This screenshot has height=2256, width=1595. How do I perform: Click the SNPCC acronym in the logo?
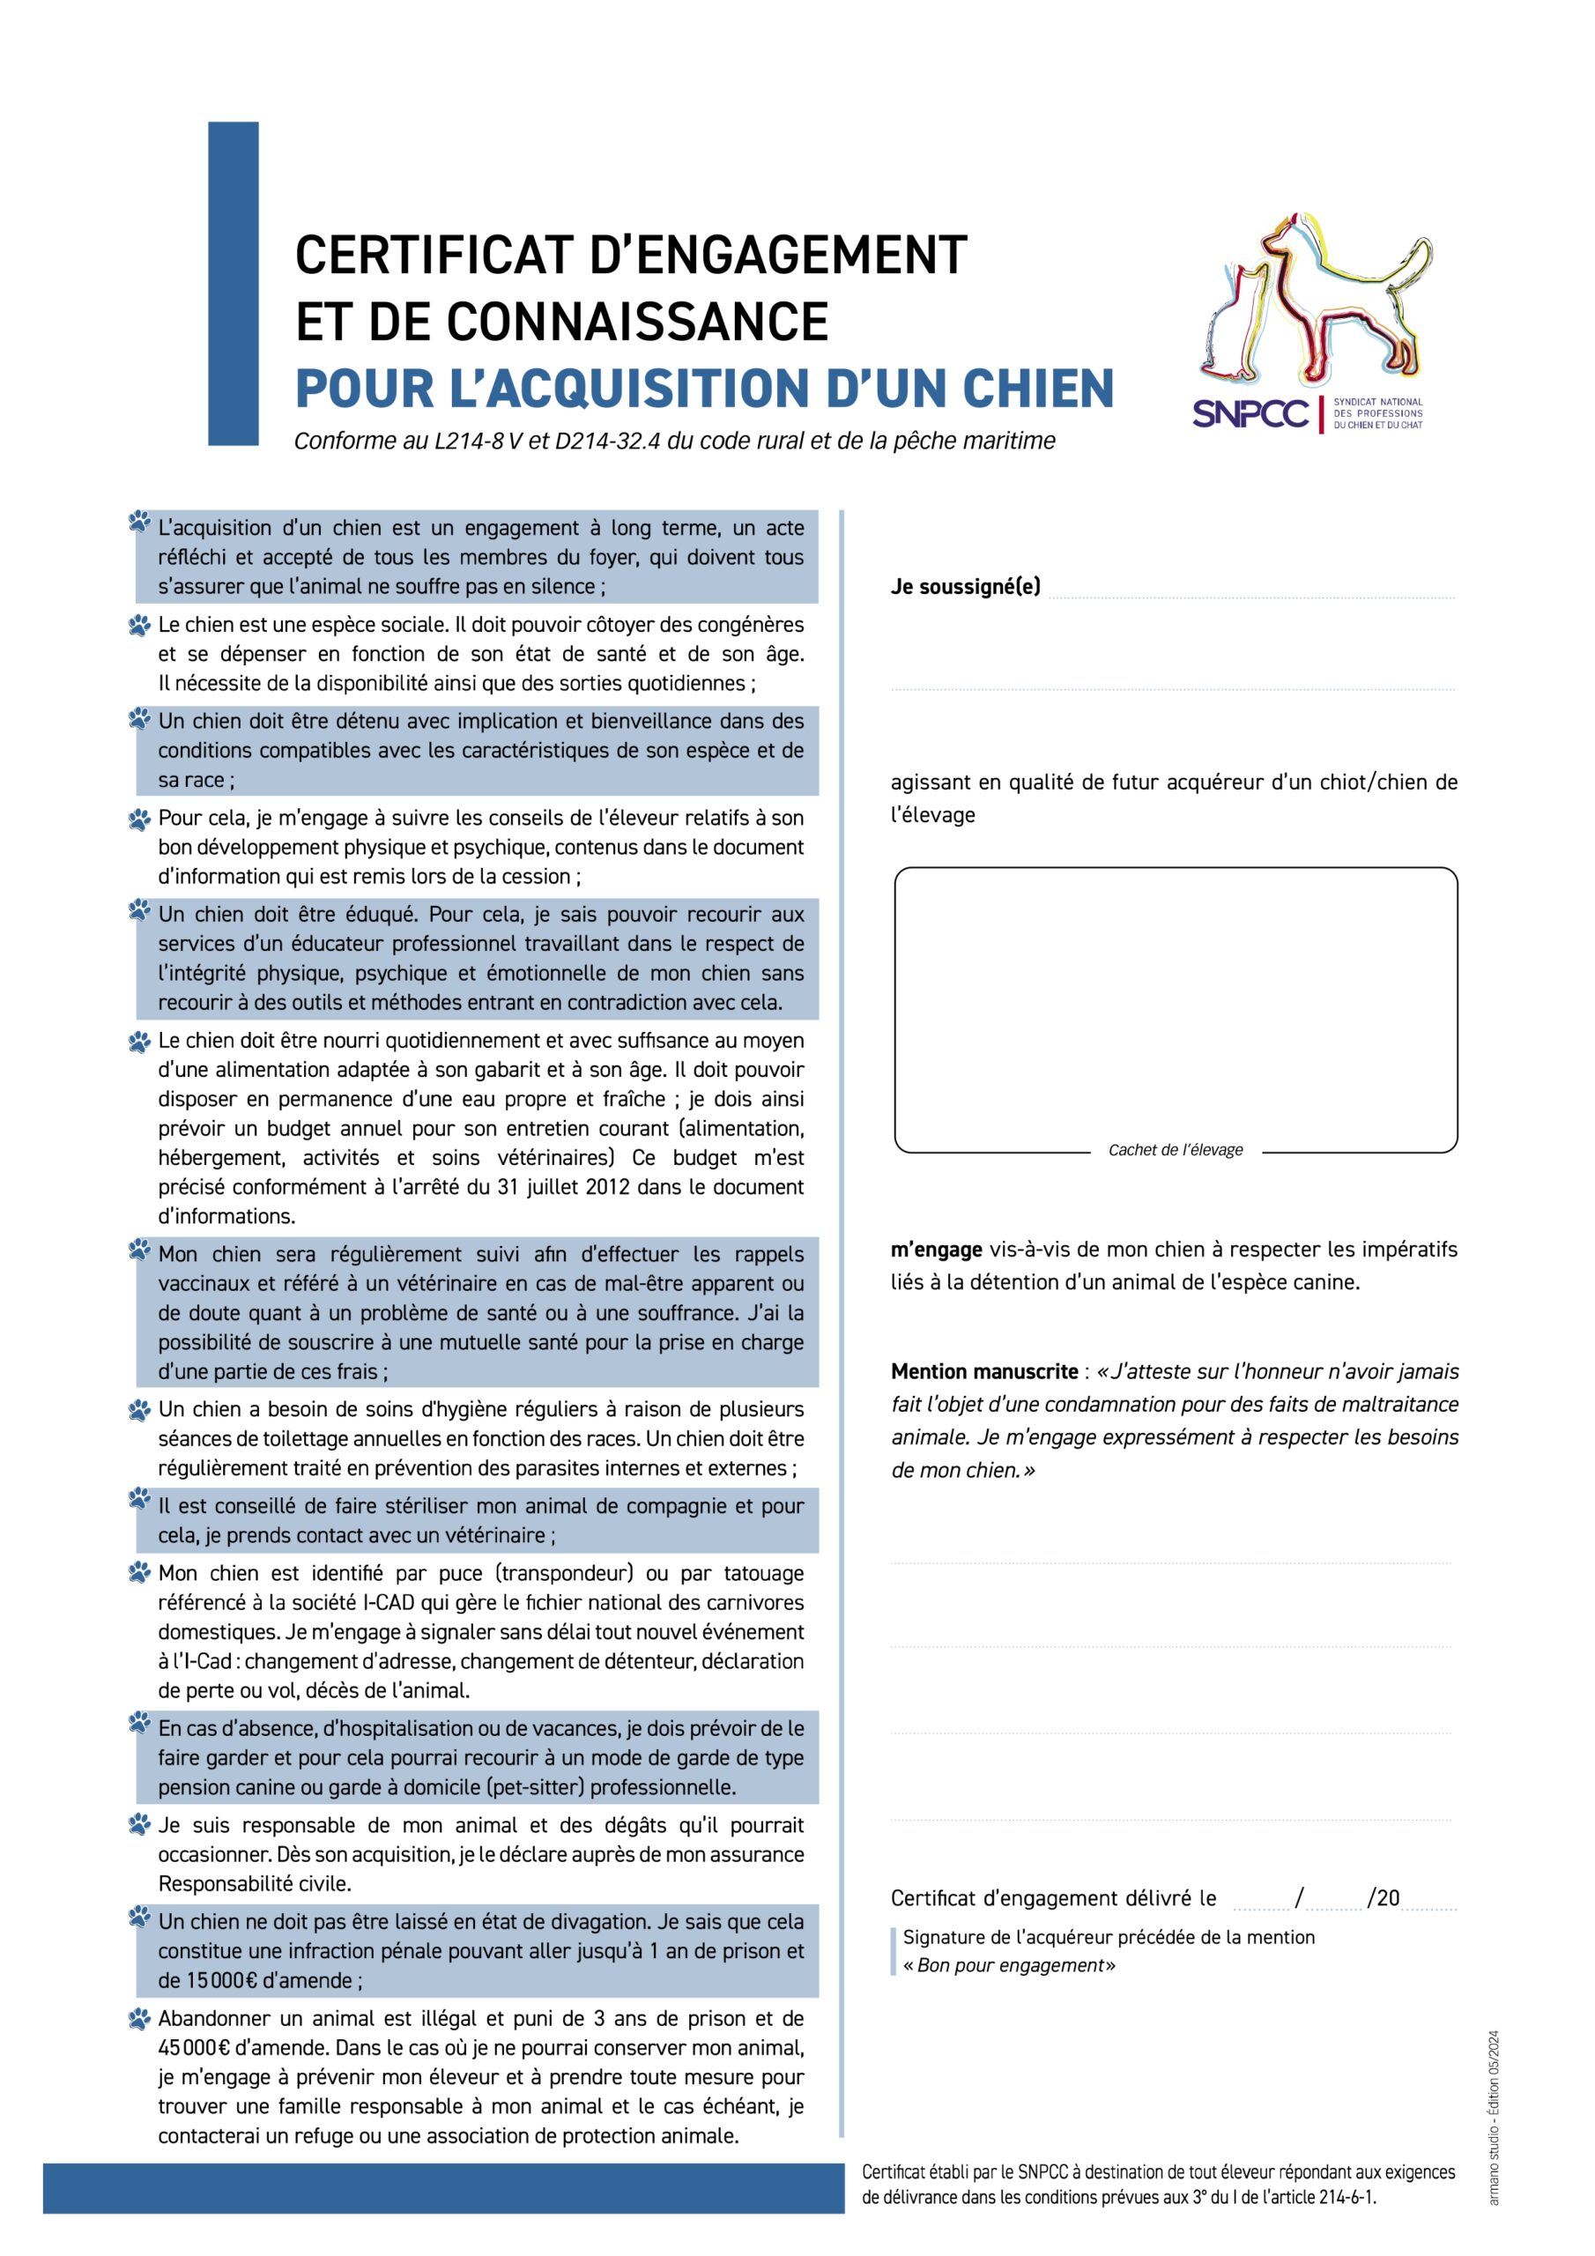1250,413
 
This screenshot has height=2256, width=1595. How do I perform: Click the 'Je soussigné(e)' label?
965,587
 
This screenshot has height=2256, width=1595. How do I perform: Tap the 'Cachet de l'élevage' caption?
1176,1150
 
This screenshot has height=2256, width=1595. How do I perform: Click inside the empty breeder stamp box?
1176,1002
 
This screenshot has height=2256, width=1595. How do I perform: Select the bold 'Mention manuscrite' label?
983,1372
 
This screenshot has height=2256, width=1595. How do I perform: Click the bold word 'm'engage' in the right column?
936,1250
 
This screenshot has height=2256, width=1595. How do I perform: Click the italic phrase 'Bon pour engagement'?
1013,1965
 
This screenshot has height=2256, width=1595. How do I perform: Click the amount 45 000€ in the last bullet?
193,2048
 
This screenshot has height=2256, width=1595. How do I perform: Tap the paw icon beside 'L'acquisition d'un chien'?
139,523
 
